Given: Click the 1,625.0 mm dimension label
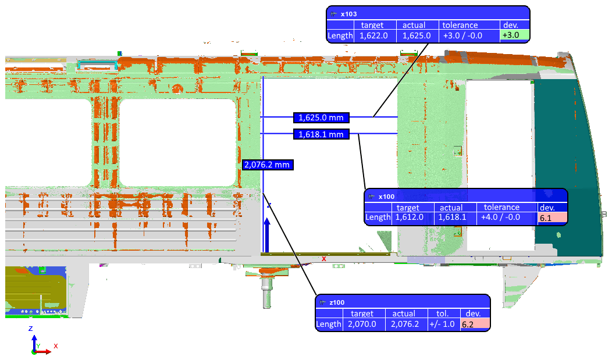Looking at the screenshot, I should (x=321, y=117).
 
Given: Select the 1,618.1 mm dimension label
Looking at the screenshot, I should (x=321, y=135).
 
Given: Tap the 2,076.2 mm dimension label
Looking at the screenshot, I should (x=267, y=165).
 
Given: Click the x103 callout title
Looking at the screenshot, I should (x=348, y=13).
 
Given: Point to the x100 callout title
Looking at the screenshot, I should (x=386, y=197).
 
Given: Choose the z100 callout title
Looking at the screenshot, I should (x=337, y=302).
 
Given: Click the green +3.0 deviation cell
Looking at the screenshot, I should (x=514, y=35).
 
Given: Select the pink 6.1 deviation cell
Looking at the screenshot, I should (x=552, y=218).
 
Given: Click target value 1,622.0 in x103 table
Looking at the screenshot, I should (x=375, y=35).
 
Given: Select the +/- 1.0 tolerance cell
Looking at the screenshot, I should (x=444, y=324).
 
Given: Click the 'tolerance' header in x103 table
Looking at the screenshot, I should (x=460, y=25).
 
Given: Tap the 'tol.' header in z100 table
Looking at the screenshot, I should (x=444, y=313).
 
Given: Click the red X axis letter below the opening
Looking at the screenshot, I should (x=324, y=259).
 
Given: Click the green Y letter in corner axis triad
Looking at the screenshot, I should (x=38, y=345).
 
